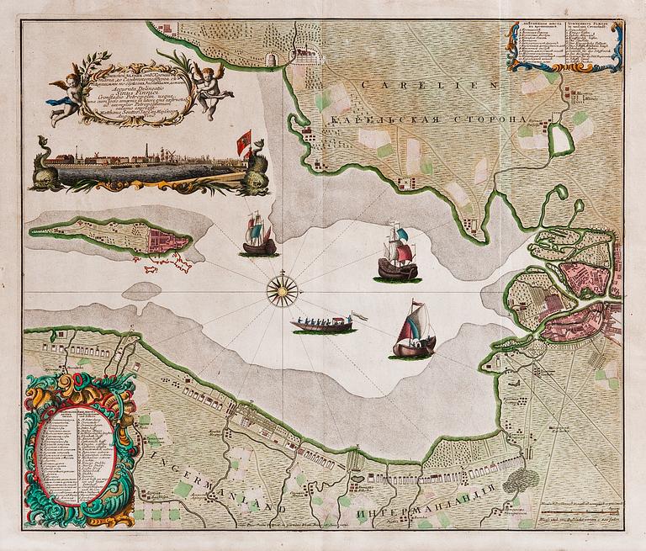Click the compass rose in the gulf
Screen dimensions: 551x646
tap(283, 290)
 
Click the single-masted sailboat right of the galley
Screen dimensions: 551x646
tap(415, 331)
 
